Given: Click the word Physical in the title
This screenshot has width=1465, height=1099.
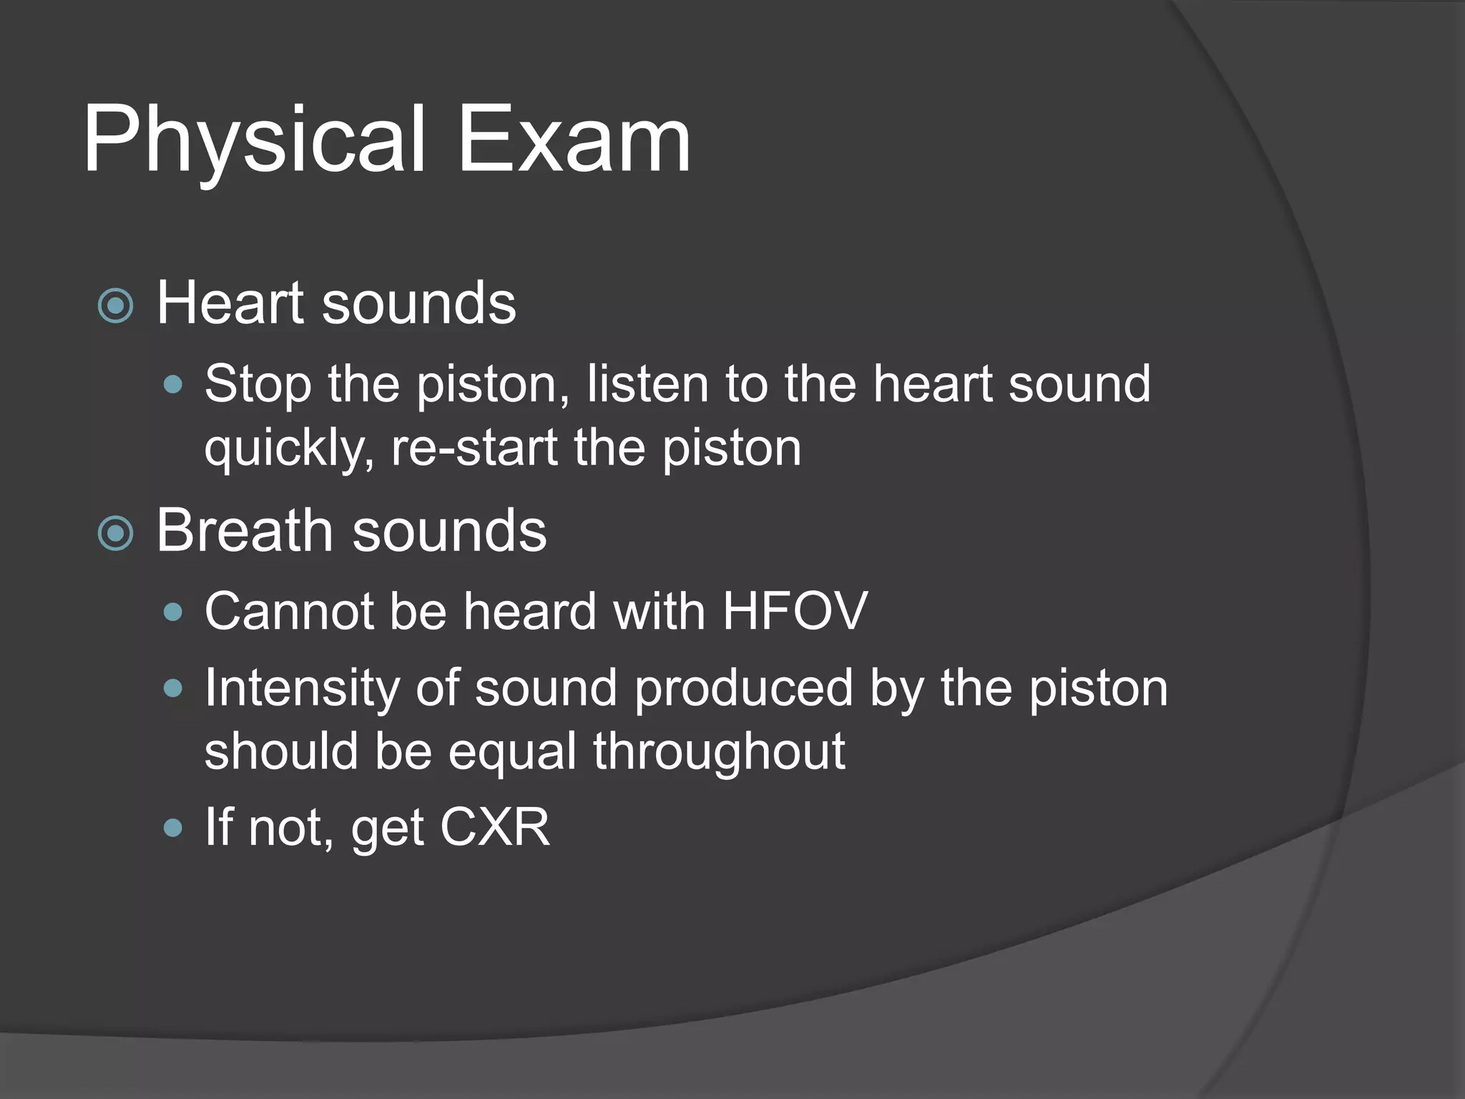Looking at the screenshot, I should click(254, 140).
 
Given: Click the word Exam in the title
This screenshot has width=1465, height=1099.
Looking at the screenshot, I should click(574, 140).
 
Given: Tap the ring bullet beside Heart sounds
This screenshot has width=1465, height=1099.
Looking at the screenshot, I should click(116, 306).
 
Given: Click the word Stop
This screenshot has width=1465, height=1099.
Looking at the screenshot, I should click(258, 385).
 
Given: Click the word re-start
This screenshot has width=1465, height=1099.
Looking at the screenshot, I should click(473, 448).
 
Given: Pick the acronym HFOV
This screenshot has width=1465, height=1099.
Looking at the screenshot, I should click(794, 611).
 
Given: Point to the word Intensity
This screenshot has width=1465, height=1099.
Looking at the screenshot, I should click(301, 688).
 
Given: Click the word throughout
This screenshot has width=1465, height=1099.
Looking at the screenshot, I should click(718, 751).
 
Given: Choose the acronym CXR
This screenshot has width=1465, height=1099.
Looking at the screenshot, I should click(494, 827).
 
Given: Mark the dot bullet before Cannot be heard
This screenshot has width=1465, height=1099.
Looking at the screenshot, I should click(173, 612).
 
